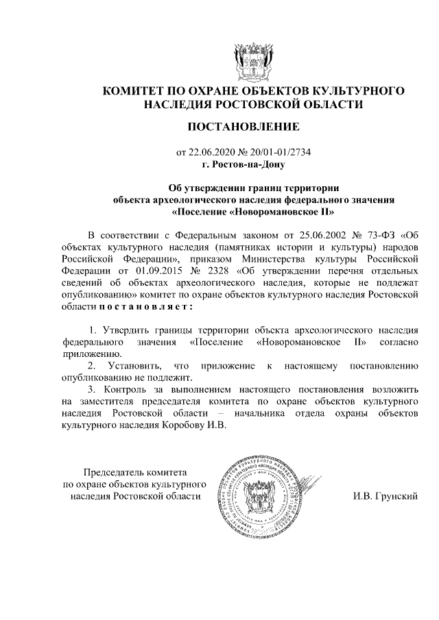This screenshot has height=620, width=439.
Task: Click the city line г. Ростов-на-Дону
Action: pyautogui.click(x=250, y=164)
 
